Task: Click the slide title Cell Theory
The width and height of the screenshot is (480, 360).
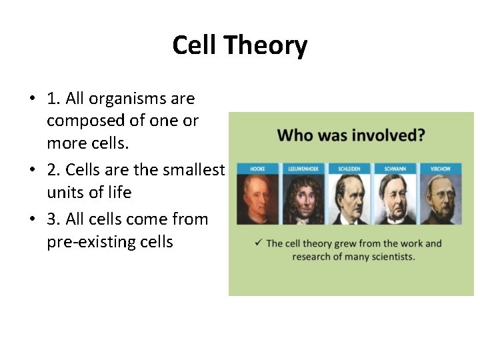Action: click(x=239, y=45)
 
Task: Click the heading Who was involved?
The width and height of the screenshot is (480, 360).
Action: click(x=351, y=135)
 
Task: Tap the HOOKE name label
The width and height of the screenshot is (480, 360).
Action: click(x=257, y=169)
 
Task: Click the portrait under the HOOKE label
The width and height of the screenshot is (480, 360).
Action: click(x=257, y=200)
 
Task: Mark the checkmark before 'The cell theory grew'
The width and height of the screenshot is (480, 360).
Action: click(x=257, y=243)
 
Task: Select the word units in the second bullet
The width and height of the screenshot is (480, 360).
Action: click(x=63, y=193)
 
